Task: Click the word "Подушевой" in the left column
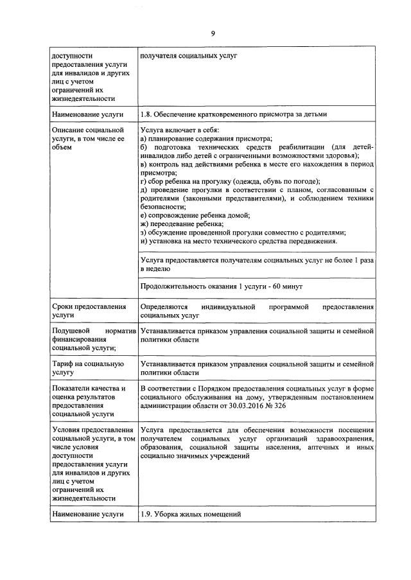pyautogui.click(x=70, y=331)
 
